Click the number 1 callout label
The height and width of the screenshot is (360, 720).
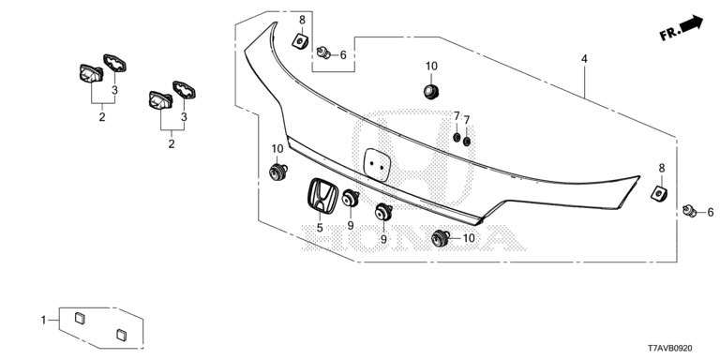pyautogui.click(x=44, y=320)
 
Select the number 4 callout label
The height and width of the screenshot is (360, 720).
pyautogui.click(x=584, y=59)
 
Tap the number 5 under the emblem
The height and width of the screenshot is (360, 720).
pyautogui.click(x=320, y=227)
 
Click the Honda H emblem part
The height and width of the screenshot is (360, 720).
pyautogui.click(x=322, y=195)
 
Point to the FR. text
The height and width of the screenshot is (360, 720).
pyautogui.click(x=669, y=33)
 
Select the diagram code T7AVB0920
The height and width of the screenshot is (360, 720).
pyautogui.click(x=670, y=349)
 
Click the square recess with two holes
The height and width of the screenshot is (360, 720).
pyautogui.click(x=377, y=164)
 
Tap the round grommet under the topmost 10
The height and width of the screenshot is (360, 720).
pyautogui.click(x=431, y=91)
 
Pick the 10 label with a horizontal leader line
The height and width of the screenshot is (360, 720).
pyautogui.click(x=469, y=238)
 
